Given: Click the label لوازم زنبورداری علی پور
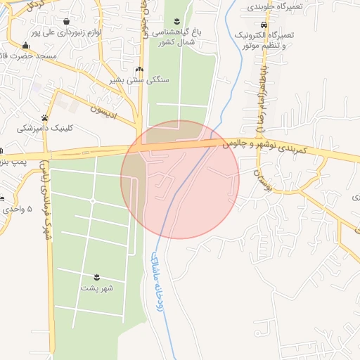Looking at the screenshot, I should (x=67, y=32).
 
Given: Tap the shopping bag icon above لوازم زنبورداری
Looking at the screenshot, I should (x=67, y=22).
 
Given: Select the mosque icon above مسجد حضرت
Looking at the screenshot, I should (x=26, y=46).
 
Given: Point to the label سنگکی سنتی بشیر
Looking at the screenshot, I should (x=139, y=80).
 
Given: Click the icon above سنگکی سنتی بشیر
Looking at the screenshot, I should (x=139, y=70).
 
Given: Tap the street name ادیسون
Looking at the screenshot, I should (x=107, y=111).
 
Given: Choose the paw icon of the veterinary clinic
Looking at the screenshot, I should (x=45, y=118).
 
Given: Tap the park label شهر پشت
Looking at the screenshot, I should (x=97, y=288).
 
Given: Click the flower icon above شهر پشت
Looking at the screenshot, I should (x=97, y=277).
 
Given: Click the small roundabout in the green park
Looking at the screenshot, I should (x=93, y=201).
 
